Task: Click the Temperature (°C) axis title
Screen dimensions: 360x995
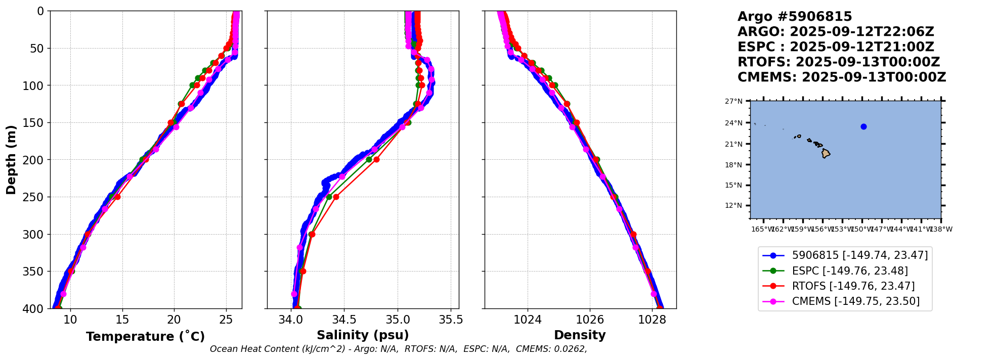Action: click(145, 337)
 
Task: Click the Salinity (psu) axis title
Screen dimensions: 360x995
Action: click(363, 335)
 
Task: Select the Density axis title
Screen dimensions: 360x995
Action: click(580, 335)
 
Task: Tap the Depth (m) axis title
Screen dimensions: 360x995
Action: click(11, 160)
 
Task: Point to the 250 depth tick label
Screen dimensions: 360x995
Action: click(36, 197)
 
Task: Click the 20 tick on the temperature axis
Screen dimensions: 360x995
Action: click(174, 320)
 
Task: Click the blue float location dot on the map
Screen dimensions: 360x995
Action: click(863, 126)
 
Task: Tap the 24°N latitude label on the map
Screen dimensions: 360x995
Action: click(733, 123)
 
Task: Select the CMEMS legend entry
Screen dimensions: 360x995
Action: click(855, 301)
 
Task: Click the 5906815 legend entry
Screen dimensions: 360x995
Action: click(859, 255)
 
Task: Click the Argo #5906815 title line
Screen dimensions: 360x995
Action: click(795, 17)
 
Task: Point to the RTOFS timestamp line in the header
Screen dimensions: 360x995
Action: click(838, 62)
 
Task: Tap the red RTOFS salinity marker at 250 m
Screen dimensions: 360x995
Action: click(336, 197)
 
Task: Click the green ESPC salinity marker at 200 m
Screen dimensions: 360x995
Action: click(369, 160)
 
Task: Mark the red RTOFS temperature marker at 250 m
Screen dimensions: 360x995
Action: click(117, 197)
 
